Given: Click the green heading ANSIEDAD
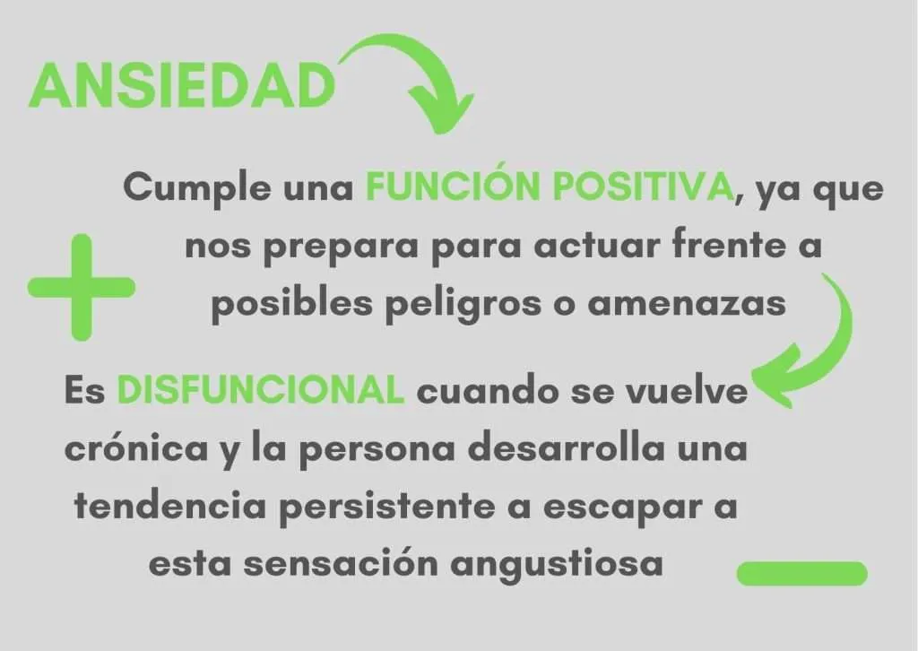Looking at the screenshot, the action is click(x=181, y=85).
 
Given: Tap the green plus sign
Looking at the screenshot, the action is click(x=82, y=287).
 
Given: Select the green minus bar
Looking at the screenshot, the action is click(x=801, y=574).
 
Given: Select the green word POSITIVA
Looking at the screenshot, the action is click(x=644, y=187).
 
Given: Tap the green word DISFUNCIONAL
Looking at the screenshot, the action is click(x=261, y=390).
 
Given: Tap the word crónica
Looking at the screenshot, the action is click(x=136, y=449).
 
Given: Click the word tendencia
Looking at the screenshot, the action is click(x=170, y=507).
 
